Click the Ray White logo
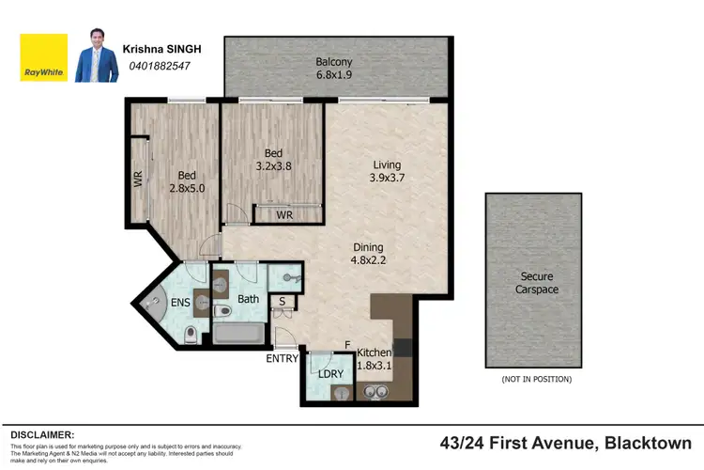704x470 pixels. [44, 57]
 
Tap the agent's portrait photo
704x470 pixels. [96, 57]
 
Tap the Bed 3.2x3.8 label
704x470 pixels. [273, 160]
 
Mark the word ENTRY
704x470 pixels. [282, 359]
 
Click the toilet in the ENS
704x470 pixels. [191, 332]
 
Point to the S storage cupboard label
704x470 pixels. [282, 301]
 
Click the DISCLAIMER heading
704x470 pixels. [42, 435]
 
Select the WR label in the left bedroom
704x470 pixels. [137, 179]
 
